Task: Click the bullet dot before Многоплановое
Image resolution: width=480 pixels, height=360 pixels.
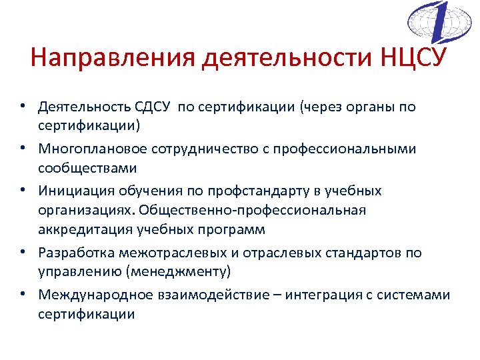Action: tap(23, 149)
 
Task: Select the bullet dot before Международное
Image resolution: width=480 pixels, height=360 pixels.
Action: tap(23, 295)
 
